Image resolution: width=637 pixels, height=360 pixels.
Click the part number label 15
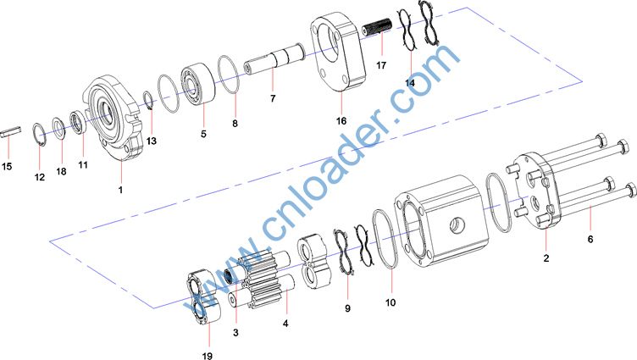pos(7,166)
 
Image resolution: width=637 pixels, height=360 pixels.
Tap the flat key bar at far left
pos(10,131)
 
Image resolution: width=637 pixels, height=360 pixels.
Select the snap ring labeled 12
pos(40,134)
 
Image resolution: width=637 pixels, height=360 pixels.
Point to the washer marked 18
pos(59,128)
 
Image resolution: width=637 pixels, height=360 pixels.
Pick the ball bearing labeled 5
pos(199,84)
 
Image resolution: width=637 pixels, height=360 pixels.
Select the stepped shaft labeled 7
pos(274,59)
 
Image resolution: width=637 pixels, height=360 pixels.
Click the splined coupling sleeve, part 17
pos(377,27)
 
